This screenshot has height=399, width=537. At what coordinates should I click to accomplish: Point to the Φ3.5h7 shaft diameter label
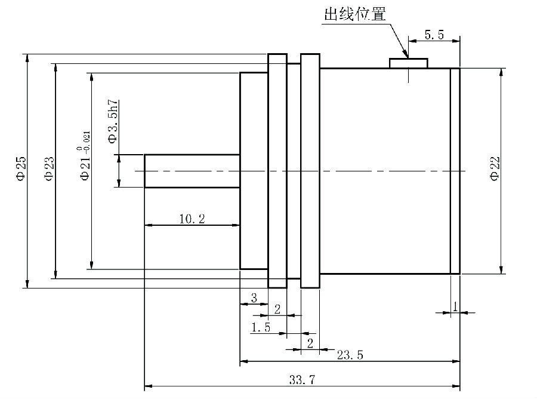point(112,121)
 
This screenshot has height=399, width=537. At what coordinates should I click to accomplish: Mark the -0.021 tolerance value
point(87,139)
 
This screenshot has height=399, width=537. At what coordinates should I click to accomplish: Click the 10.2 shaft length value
point(192,219)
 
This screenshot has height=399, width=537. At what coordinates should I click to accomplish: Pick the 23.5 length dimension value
point(350,354)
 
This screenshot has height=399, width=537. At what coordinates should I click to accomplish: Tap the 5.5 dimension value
point(434,35)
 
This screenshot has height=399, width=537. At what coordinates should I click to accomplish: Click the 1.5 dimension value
point(261,327)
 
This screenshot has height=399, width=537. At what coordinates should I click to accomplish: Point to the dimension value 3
point(254,297)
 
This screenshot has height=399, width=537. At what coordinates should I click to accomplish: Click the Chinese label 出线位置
point(354,14)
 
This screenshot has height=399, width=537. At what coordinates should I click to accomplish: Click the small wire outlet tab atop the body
point(409,63)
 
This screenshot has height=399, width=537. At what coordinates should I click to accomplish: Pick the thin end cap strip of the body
point(455,171)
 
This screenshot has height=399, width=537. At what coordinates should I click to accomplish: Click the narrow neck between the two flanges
point(294,171)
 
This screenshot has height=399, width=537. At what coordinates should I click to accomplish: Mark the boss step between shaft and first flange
point(254,171)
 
